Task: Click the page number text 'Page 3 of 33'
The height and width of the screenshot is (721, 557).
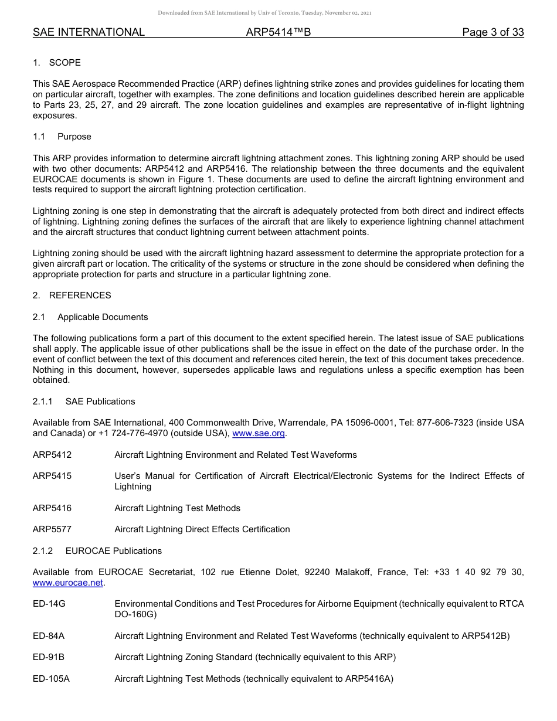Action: [493, 32]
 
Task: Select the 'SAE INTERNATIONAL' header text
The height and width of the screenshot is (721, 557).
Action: [89, 32]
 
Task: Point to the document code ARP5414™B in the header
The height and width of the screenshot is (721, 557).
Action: [278, 32]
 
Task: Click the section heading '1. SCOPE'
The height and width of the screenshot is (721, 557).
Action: [57, 63]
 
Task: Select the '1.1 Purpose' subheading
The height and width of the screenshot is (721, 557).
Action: [62, 137]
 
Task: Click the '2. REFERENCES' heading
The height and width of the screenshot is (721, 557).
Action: [72, 295]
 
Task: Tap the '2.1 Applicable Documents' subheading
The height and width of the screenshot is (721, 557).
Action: [90, 317]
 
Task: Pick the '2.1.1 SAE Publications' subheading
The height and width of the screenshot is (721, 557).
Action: [84, 402]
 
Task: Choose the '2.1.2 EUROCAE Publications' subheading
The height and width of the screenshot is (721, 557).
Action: [97, 551]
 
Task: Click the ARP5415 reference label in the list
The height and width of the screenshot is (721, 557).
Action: [52, 476]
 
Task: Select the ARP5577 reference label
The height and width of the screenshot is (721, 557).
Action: [52, 529]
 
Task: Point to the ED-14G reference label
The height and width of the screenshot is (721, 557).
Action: [49, 604]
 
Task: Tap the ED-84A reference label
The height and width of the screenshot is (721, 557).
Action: [49, 636]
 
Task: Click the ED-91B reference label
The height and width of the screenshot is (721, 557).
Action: [49, 657]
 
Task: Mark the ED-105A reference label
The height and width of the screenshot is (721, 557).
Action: [51, 679]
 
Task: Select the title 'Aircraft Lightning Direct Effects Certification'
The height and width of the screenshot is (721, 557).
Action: [202, 529]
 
